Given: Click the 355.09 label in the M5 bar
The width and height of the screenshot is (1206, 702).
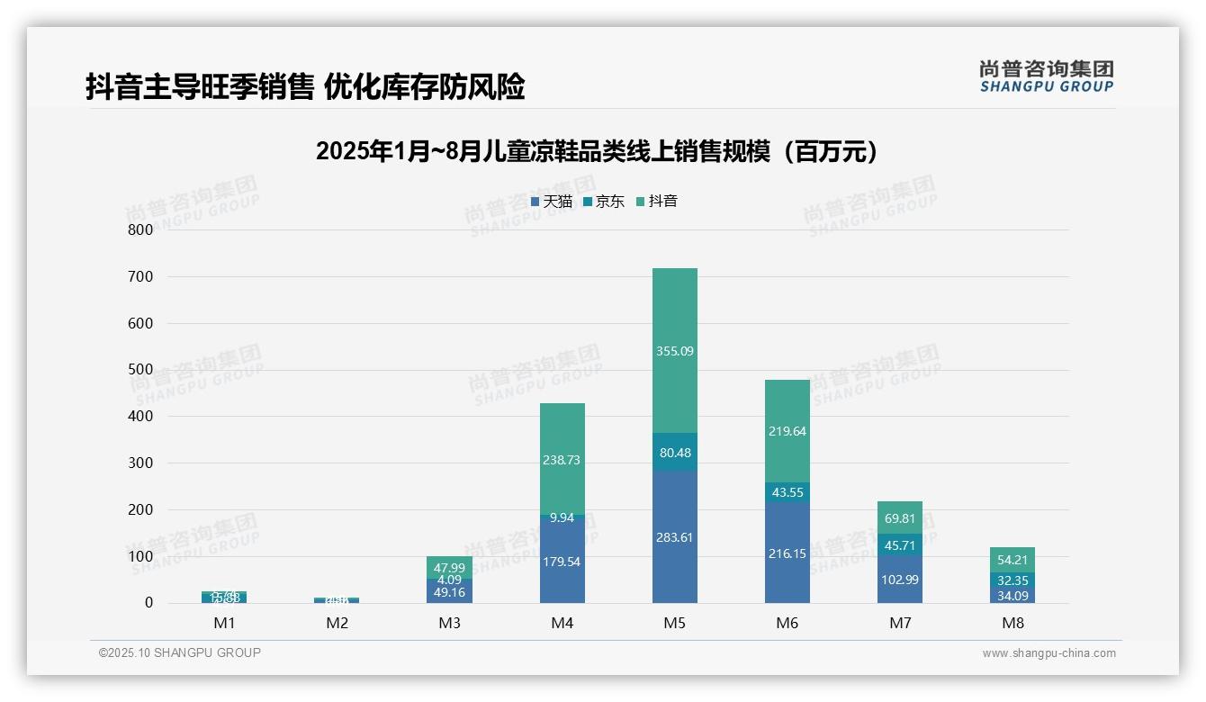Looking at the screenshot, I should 675,351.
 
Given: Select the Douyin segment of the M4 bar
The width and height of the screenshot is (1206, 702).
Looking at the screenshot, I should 562,459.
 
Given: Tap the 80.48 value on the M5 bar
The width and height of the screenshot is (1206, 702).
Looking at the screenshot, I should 675,453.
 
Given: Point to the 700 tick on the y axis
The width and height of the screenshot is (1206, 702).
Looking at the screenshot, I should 141,276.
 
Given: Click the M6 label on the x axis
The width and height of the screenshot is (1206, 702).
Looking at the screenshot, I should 787,623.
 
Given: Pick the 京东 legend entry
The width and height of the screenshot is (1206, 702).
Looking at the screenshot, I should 604,202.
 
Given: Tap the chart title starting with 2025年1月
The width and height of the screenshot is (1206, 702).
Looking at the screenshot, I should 597,151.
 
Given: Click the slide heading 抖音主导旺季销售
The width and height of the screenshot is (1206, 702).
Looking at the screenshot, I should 305,87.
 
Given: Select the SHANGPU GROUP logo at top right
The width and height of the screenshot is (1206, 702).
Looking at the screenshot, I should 1046,76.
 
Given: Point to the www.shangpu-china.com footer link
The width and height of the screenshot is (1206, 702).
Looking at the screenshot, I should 1048,653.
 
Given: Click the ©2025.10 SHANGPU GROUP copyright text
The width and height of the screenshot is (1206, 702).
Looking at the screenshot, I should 180,652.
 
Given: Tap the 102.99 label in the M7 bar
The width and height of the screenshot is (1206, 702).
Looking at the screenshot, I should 900,580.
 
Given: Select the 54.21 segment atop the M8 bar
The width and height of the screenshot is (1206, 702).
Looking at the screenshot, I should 1012,560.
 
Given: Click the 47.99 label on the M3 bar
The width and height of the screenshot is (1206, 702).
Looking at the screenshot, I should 450,568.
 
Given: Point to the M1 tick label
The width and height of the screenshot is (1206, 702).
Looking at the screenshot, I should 224,623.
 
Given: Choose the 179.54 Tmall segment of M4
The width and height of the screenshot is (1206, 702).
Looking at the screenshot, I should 562,562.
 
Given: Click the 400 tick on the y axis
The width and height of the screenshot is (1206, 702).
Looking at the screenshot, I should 141,416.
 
